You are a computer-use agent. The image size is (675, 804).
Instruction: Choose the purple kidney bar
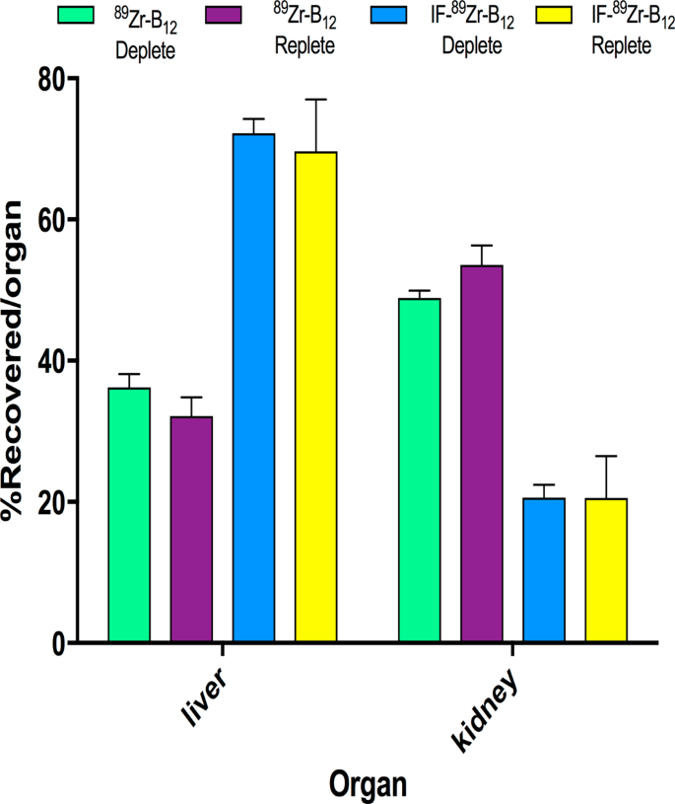point(482,454)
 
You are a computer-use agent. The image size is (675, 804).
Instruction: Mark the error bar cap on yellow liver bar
point(316,100)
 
